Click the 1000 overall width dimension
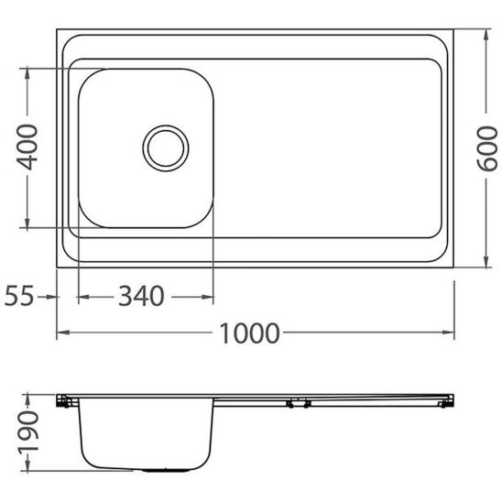click(x=249, y=333)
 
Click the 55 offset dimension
click(x=19, y=296)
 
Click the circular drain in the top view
click(x=166, y=147)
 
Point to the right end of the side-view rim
click(x=449, y=399)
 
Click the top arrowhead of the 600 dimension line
click(x=485, y=34)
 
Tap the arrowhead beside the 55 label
click(x=51, y=296)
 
